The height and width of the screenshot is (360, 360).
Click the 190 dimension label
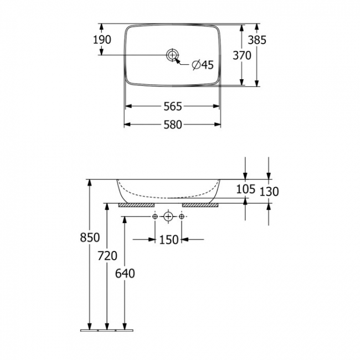tap(102, 40)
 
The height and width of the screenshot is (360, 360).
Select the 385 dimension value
tap(257, 40)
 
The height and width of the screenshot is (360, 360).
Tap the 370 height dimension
tap(241, 55)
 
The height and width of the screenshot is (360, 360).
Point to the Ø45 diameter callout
tap(202, 65)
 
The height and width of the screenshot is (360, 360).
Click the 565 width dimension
tap(172, 106)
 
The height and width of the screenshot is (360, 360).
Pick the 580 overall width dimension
tap(172, 125)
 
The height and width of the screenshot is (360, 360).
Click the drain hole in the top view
tap(172, 55)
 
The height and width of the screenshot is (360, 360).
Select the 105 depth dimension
tap(245, 189)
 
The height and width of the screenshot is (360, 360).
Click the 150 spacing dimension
tap(168, 239)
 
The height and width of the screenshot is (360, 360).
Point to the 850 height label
tap(89, 237)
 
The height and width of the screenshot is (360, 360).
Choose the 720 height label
tap(107, 255)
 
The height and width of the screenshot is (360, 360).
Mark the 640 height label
tap(125, 273)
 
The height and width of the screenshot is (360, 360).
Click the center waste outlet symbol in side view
tap(168, 217)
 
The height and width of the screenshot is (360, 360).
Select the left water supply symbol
tap(155, 217)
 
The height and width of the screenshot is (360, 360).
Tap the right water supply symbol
tap(182, 217)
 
